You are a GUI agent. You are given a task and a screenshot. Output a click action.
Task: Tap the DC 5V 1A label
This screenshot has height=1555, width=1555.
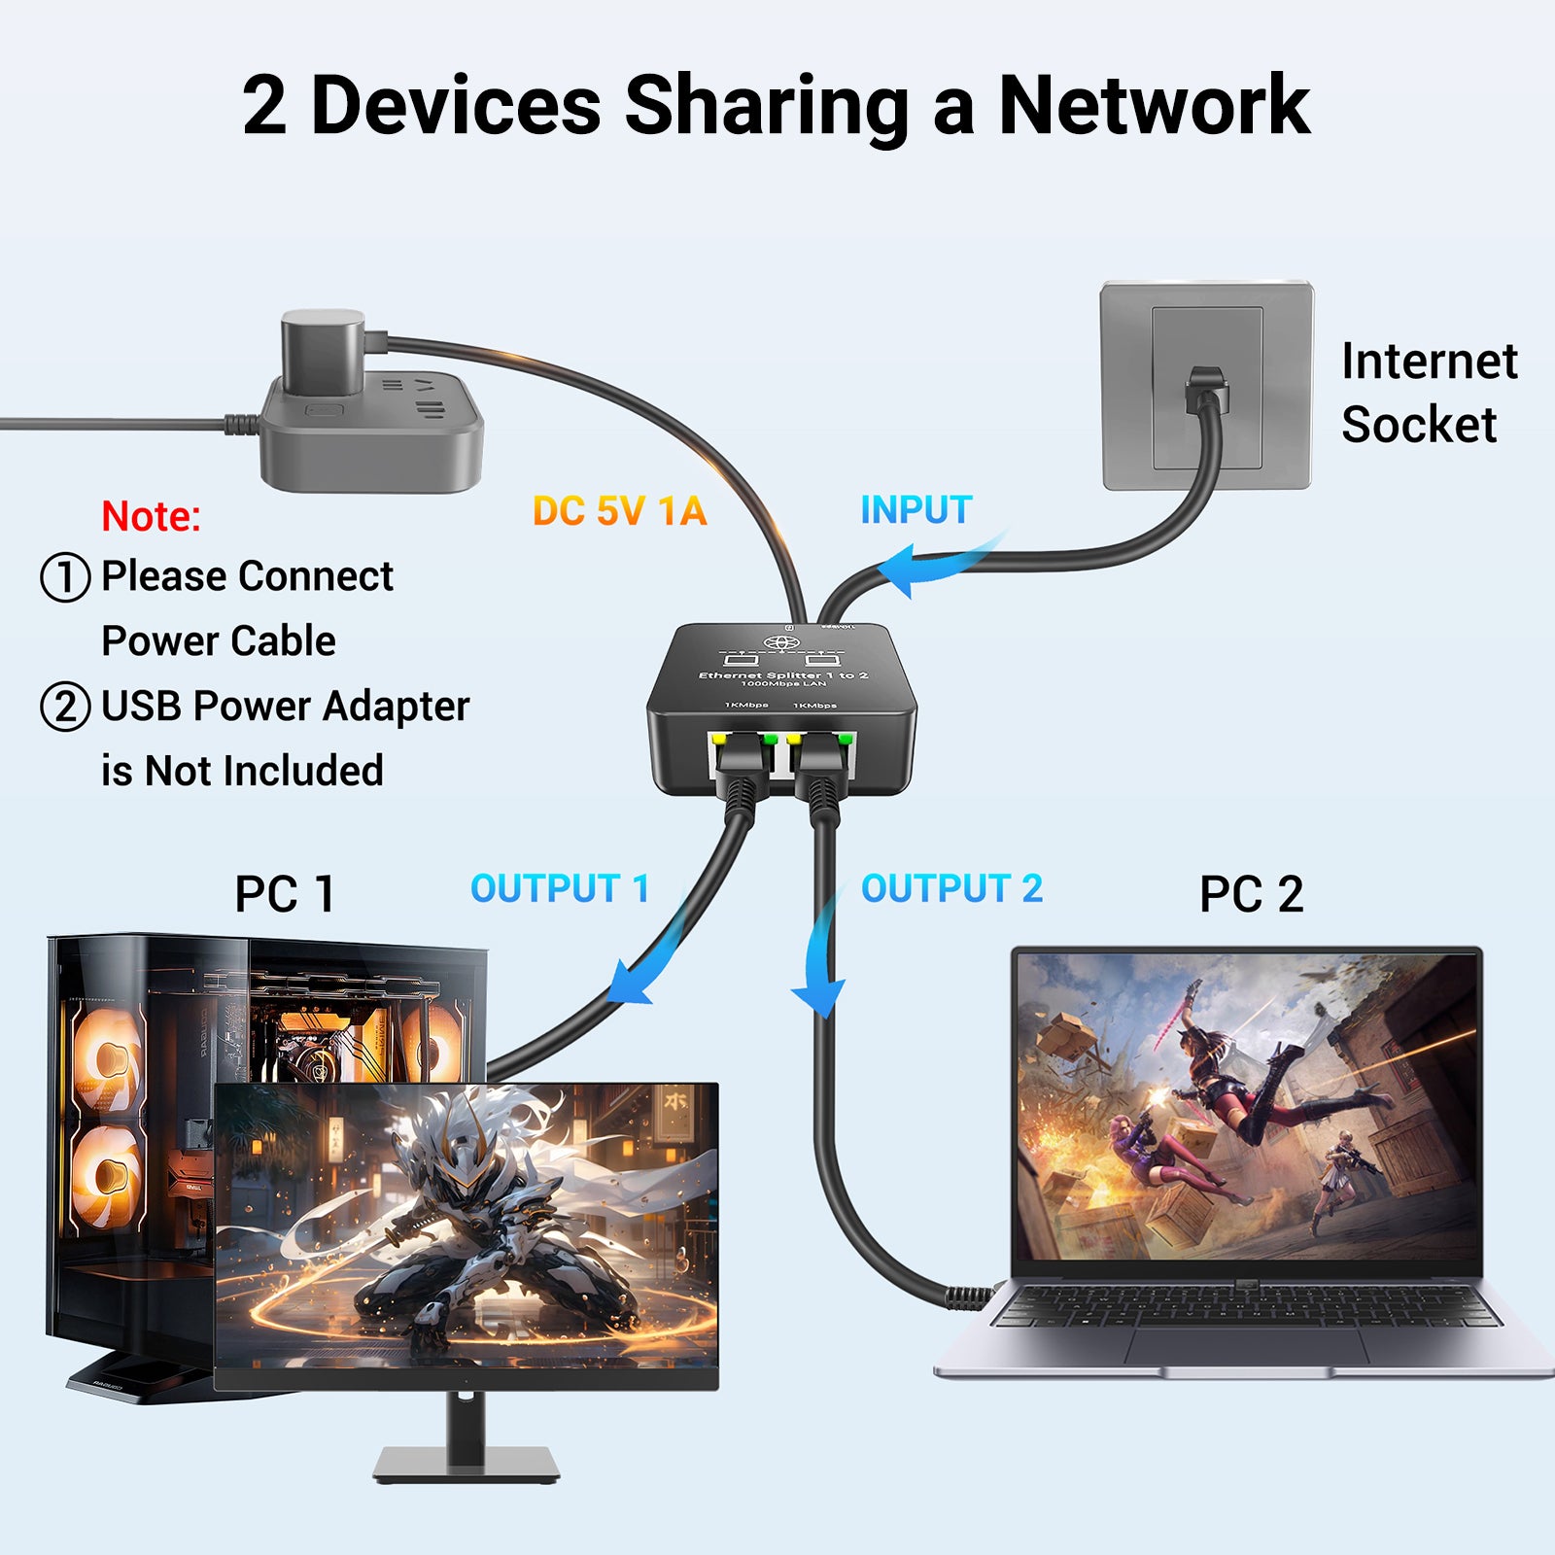point(619,511)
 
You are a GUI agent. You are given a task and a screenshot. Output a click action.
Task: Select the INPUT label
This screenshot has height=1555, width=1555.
point(916,510)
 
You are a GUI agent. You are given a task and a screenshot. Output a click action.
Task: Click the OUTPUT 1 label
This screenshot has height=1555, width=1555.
point(560,888)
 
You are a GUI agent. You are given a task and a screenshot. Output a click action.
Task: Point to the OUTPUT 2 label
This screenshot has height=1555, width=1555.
point(951,888)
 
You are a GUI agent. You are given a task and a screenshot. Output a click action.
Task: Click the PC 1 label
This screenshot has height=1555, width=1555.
point(285,894)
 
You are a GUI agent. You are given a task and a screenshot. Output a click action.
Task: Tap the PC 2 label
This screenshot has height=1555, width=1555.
point(1251,894)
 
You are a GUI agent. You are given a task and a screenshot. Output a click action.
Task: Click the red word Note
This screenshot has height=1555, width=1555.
point(151,516)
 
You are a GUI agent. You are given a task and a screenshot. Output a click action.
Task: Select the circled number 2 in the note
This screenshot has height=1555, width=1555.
point(65,707)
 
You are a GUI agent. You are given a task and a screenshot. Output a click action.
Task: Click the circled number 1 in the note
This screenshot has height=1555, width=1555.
point(65,576)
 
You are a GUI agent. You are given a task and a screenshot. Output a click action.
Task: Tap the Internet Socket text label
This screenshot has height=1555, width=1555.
point(1429,393)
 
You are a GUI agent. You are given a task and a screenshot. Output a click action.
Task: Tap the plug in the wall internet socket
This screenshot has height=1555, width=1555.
point(1208,390)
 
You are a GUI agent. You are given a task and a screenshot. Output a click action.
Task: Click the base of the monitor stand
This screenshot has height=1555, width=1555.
point(466,1463)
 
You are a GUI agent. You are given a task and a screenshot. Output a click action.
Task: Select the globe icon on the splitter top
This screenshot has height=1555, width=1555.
point(781,642)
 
